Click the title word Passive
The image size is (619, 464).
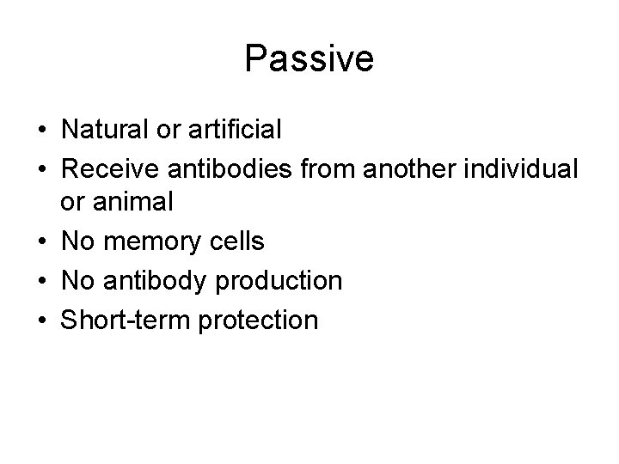pos(309,59)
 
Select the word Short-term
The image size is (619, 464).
pos(118,320)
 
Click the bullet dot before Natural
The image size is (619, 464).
pos(41,131)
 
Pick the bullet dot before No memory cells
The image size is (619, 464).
pos(41,242)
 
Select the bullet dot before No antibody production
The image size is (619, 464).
pos(41,281)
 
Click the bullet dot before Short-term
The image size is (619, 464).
pos(41,320)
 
